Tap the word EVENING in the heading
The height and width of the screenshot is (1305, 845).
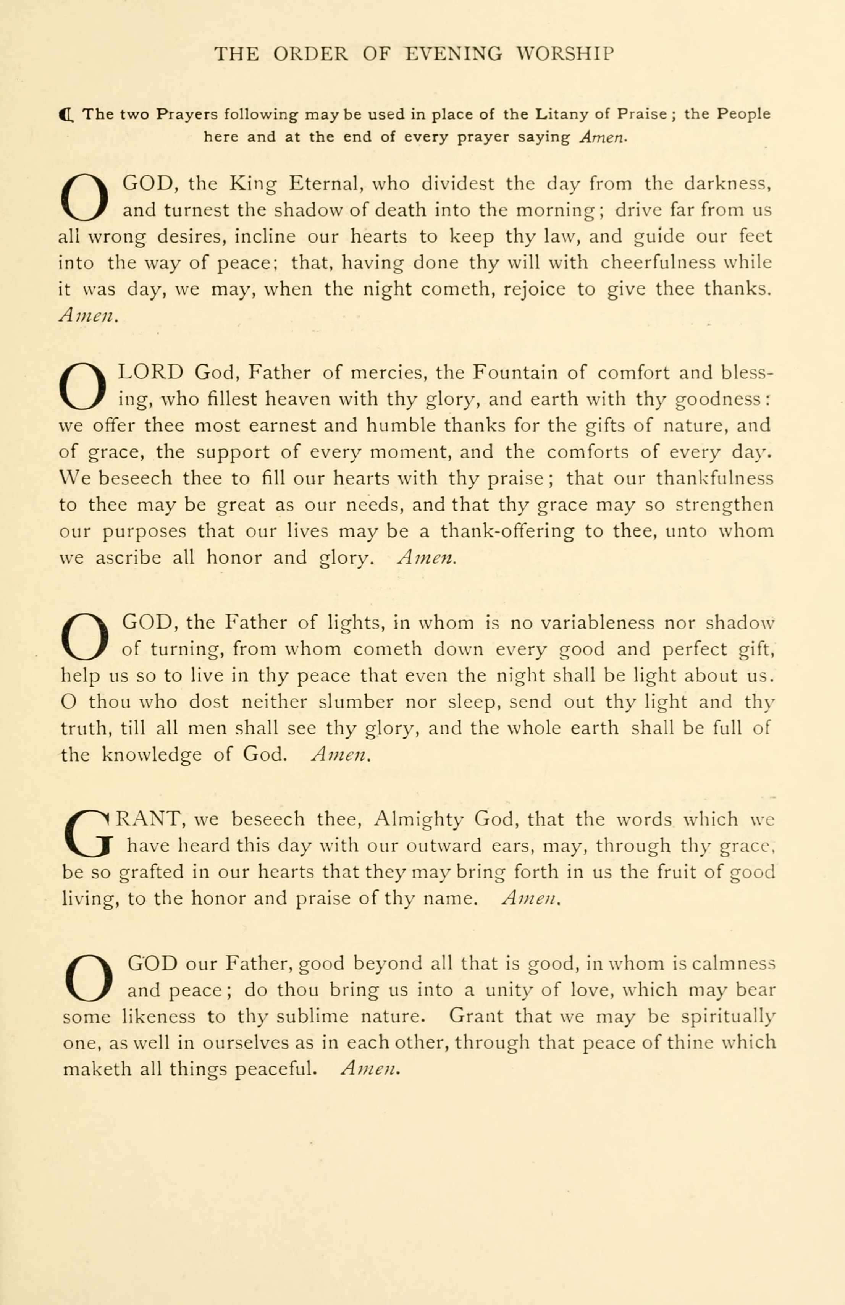tap(454, 54)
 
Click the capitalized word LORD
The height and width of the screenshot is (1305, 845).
tap(151, 373)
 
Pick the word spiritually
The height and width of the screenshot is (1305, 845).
tap(728, 1017)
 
